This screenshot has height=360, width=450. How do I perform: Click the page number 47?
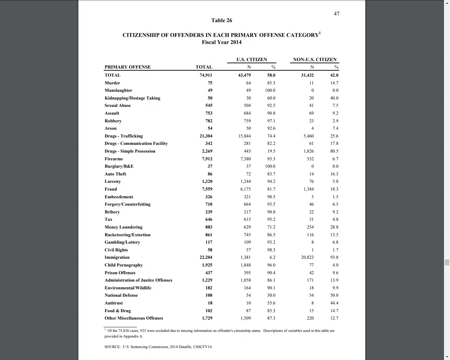pyautogui.click(x=336, y=14)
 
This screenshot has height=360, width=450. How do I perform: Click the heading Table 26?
pyautogui.click(x=221, y=20)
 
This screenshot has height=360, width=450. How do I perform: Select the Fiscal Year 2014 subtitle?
pyautogui.click(x=221, y=42)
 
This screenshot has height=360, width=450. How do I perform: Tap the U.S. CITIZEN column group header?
pyautogui.click(x=252, y=59)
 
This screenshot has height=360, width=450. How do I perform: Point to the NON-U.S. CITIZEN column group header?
pyautogui.click(x=315, y=59)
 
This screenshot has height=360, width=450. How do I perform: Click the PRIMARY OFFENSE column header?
pyautogui.click(x=128, y=67)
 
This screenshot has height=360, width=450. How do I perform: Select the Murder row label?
pyautogui.click(x=112, y=83)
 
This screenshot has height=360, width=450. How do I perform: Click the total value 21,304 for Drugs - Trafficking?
pyautogui.click(x=206, y=136)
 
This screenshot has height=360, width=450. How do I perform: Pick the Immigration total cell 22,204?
pyautogui.click(x=206, y=257)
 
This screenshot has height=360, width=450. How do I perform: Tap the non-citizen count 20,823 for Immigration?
pyautogui.click(x=307, y=257)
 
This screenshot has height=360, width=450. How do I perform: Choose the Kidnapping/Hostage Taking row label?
pyautogui.click(x=132, y=98)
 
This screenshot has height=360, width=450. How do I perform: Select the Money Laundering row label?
pyautogui.click(x=123, y=227)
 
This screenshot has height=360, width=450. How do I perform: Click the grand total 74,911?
pyautogui.click(x=206, y=75)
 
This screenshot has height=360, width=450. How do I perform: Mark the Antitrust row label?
pyautogui.click(x=114, y=303)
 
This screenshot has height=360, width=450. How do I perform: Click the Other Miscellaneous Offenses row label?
pyautogui.click(x=134, y=318)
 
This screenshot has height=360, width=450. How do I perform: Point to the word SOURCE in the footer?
pyautogui.click(x=112, y=347)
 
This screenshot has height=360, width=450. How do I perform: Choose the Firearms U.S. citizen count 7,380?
pyautogui.click(x=245, y=159)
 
